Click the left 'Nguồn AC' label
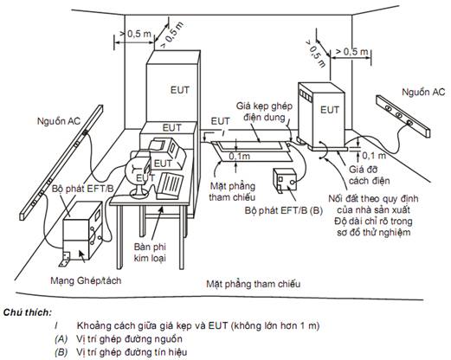(x=59, y=121)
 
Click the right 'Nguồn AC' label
(x=423, y=93)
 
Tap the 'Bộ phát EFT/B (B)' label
(x=284, y=210)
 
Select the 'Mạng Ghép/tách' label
(x=86, y=280)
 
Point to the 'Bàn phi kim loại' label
(x=150, y=252)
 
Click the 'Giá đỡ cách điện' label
(x=369, y=175)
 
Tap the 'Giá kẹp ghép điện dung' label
(x=264, y=112)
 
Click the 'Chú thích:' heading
(x=28, y=312)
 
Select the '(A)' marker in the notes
(x=61, y=338)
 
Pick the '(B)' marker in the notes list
(x=61, y=352)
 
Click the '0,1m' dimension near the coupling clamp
(x=240, y=156)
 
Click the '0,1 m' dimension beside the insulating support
(x=374, y=156)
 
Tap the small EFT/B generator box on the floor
(x=285, y=180)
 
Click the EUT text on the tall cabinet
(x=180, y=90)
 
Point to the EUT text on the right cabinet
(x=330, y=110)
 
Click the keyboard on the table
(x=170, y=186)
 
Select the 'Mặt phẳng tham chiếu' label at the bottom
(x=253, y=284)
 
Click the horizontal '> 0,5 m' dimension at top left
(x=135, y=34)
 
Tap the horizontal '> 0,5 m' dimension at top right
(x=352, y=52)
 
